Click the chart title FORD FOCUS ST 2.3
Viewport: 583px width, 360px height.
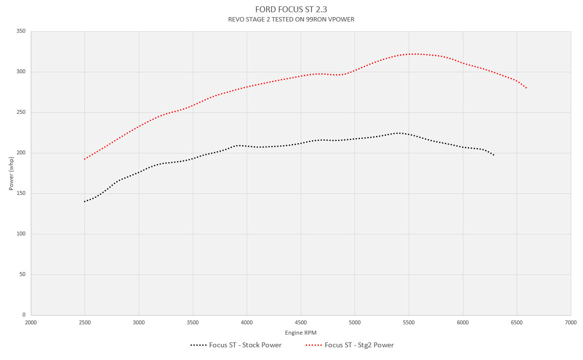[x=291, y=9]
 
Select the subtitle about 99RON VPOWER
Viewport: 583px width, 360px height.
[x=291, y=20]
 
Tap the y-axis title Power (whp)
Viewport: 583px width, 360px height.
[x=11, y=173]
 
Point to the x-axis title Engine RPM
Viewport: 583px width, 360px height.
[x=300, y=333]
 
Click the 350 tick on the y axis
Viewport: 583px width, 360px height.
[x=21, y=31]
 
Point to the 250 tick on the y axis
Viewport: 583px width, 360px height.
[x=21, y=112]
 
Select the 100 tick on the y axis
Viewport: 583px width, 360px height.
[x=21, y=234]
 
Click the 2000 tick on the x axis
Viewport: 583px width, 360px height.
[x=31, y=322]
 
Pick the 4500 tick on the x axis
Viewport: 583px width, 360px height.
[x=301, y=322]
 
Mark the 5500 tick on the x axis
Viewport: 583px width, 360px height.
[x=409, y=322]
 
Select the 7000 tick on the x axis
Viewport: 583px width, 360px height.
[x=570, y=322]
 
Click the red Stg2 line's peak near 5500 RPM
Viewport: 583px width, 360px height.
[x=414, y=54]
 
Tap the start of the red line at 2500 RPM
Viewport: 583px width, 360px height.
[x=85, y=159]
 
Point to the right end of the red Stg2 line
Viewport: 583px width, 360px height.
[x=526, y=88]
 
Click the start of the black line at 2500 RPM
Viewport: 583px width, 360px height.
[x=85, y=201]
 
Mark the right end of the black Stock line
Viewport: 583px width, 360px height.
[x=494, y=155]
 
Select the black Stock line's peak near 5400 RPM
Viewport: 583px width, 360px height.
[x=398, y=133]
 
